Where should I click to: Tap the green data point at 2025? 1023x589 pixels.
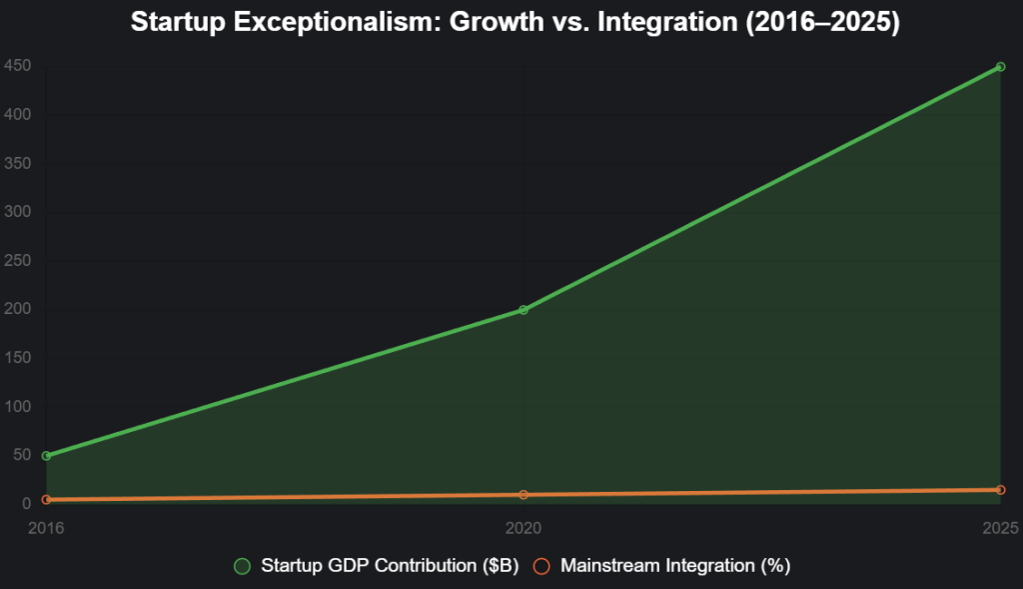1000,67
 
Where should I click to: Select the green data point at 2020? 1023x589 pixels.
523,310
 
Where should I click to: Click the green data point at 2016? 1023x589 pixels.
46,456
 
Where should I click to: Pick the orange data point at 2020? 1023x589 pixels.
523,495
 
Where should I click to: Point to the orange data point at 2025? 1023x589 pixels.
1000,490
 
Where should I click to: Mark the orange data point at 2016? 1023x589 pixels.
46,500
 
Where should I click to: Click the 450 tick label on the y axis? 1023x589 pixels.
17,67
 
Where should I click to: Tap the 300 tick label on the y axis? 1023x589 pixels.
17,213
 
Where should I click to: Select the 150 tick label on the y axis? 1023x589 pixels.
17,359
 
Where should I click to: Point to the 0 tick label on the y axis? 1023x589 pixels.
26,505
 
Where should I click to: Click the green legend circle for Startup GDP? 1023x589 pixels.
242,567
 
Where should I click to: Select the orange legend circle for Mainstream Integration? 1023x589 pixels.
542,567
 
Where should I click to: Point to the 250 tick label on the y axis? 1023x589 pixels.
17,262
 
